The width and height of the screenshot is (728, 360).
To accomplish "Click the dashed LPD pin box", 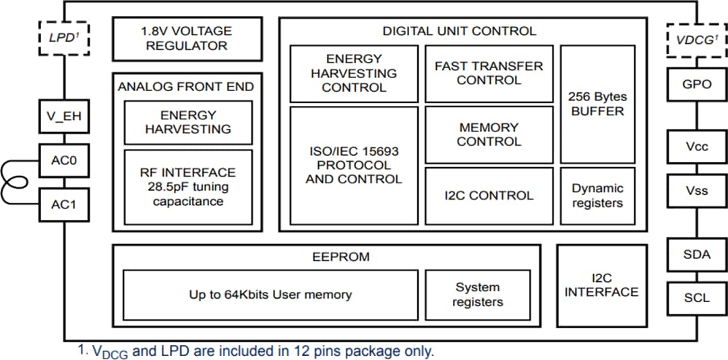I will coord(64,38).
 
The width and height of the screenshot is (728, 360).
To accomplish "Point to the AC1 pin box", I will coord(64,204).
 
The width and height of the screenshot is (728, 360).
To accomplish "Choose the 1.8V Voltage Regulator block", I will coord(187,38).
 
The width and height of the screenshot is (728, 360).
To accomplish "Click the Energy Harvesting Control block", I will coord(354,73).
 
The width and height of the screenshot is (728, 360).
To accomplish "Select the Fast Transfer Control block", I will coord(489,73).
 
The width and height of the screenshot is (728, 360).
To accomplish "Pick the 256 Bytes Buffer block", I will coord(597,104).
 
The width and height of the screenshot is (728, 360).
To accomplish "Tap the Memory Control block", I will coord(489,134).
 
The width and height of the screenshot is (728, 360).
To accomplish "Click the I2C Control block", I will coord(489,196).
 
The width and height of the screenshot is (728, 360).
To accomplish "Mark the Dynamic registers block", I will coord(597,196).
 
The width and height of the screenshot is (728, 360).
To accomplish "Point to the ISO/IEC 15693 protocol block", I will coord(354,165).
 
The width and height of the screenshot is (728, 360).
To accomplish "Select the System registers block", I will coord(478,295).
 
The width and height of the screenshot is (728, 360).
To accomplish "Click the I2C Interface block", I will coord(601,285).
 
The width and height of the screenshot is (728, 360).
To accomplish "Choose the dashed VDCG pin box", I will coord(697,40).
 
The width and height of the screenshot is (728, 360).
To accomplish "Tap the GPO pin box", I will coord(697,84).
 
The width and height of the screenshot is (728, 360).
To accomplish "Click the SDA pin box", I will coord(697,254).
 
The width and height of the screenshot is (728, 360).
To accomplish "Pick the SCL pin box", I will coord(697,297).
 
